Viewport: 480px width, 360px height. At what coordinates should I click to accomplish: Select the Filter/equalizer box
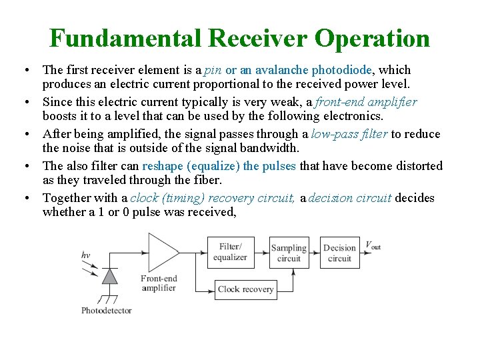(x=230, y=252)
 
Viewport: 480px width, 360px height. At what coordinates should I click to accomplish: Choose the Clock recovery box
(x=245, y=289)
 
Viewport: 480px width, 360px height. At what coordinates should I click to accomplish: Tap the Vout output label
(x=373, y=245)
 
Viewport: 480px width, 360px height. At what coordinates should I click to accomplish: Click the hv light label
(x=85, y=255)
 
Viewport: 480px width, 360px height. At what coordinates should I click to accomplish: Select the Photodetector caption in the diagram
(x=107, y=310)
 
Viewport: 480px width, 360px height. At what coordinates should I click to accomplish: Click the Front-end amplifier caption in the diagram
(x=158, y=283)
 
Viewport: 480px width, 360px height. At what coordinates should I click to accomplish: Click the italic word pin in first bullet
(x=213, y=70)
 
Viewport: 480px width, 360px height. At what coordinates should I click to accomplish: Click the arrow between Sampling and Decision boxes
(x=314, y=252)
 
